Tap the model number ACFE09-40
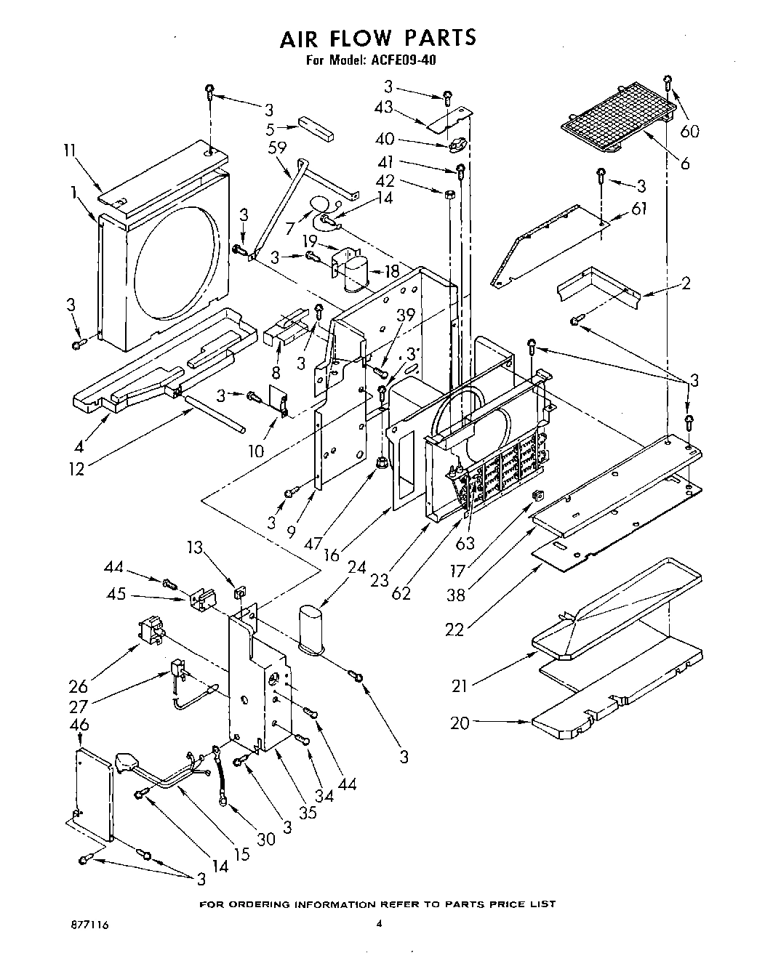(408, 61)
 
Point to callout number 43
(383, 107)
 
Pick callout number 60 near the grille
(689, 131)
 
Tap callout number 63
(465, 543)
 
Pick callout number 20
(460, 723)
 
